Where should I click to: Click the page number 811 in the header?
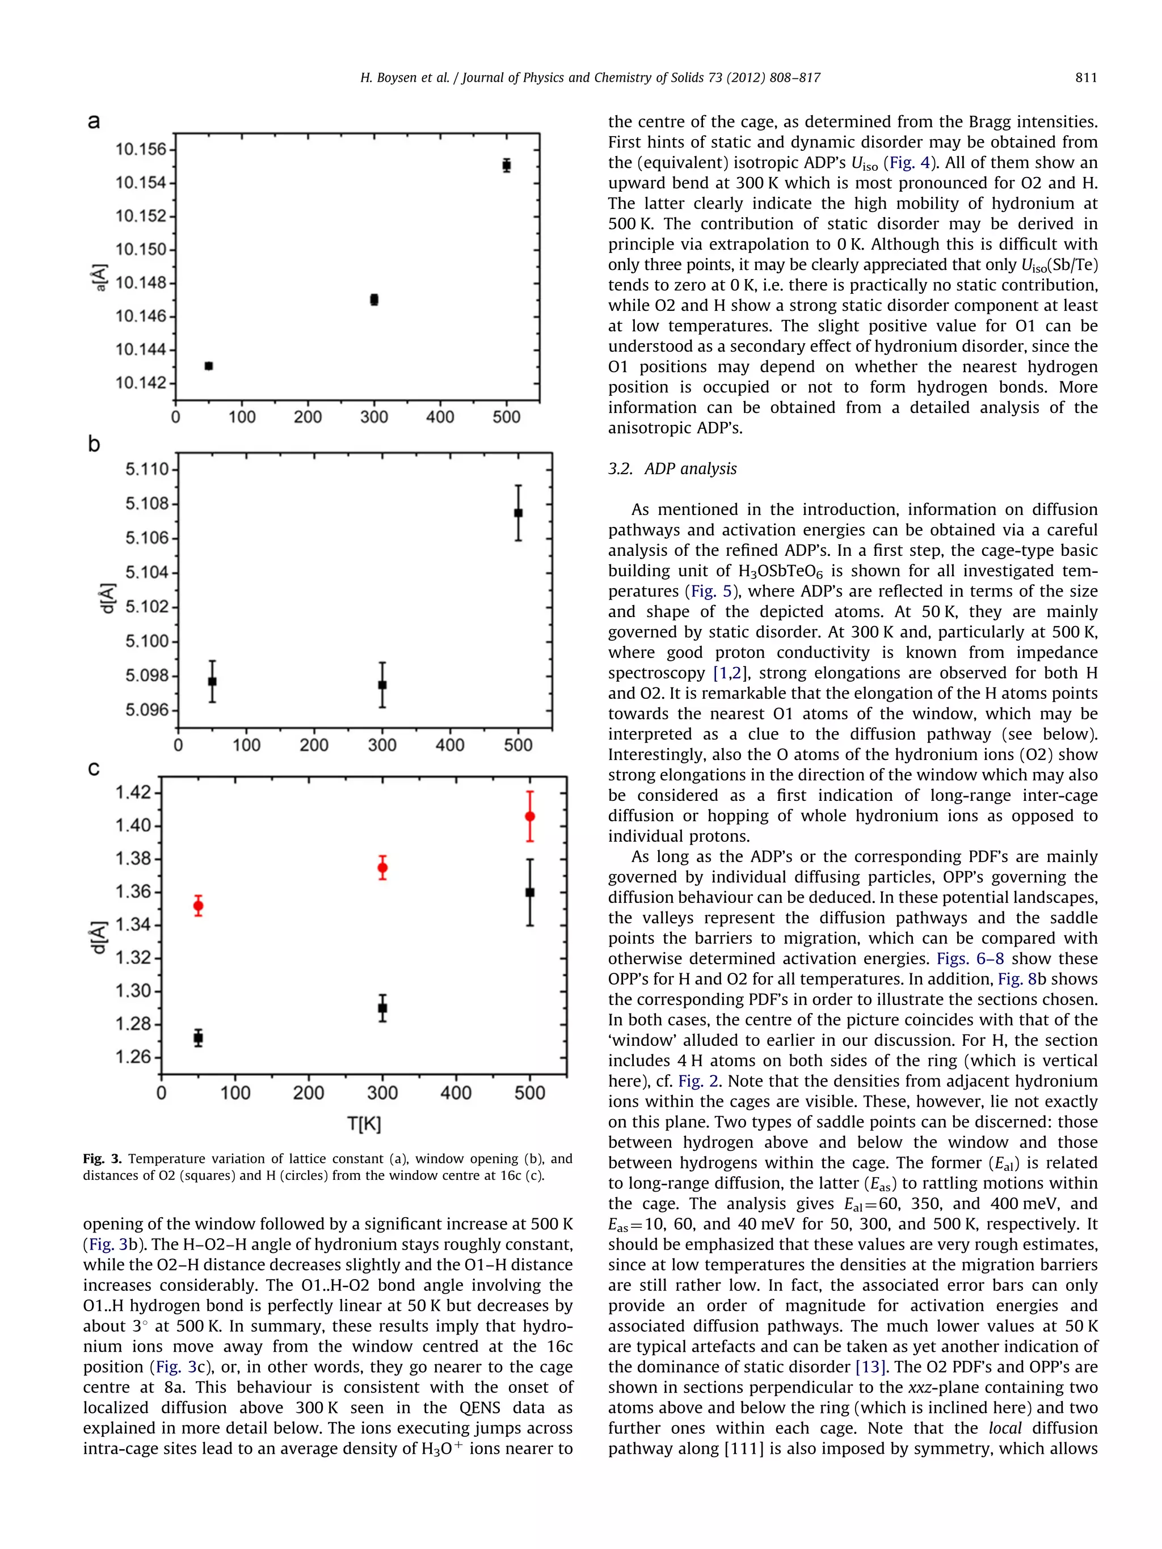point(1085,78)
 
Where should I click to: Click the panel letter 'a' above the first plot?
point(94,122)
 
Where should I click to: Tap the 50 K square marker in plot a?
point(209,365)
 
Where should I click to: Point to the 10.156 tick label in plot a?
point(141,149)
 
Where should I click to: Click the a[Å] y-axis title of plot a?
point(101,277)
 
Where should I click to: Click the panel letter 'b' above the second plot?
point(94,445)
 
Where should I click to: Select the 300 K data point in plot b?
point(382,684)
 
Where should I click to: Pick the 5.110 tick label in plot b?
point(147,469)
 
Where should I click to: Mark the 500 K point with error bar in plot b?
point(519,513)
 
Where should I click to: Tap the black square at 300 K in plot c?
point(382,1008)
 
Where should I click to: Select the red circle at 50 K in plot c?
point(198,905)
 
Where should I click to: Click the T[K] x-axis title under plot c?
point(364,1125)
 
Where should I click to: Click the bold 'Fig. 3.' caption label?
point(102,1159)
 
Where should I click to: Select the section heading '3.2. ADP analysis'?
point(672,469)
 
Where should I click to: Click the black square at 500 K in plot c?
point(531,892)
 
